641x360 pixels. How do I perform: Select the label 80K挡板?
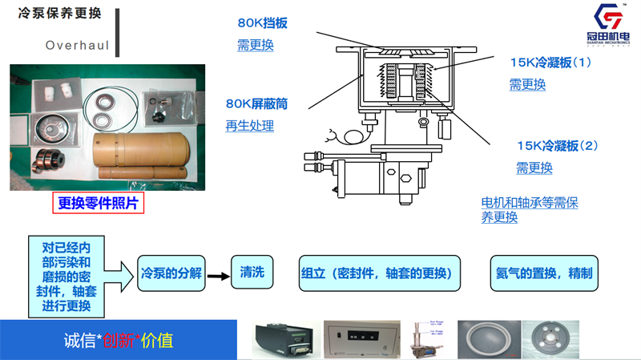click(262, 23)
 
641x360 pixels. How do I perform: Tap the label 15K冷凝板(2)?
click(558, 146)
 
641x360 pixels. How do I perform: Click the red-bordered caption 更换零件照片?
click(99, 204)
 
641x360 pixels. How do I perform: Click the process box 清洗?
click(252, 273)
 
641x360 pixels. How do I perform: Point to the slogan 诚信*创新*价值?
click(118, 340)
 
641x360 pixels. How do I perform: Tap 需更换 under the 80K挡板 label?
click(256, 45)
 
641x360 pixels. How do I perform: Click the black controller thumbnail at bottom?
click(282, 339)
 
